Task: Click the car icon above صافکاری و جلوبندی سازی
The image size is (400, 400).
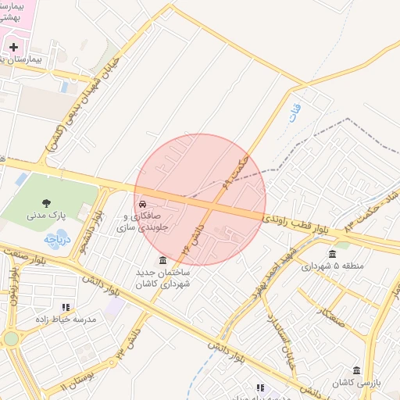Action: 143,205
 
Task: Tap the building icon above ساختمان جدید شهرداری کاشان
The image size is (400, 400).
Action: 162,260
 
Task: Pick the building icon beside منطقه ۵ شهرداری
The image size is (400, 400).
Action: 333,253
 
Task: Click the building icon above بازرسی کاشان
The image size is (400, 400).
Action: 356,370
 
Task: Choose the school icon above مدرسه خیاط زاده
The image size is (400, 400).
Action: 66,307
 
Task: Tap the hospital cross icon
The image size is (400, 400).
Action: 13,47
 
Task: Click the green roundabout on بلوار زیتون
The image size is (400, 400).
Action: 10,338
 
